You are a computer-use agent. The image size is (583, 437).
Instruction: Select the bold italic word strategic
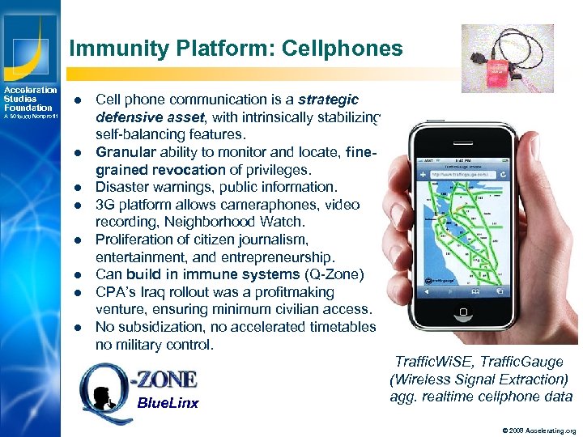(329, 100)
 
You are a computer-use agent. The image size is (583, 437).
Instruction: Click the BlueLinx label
(168, 403)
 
